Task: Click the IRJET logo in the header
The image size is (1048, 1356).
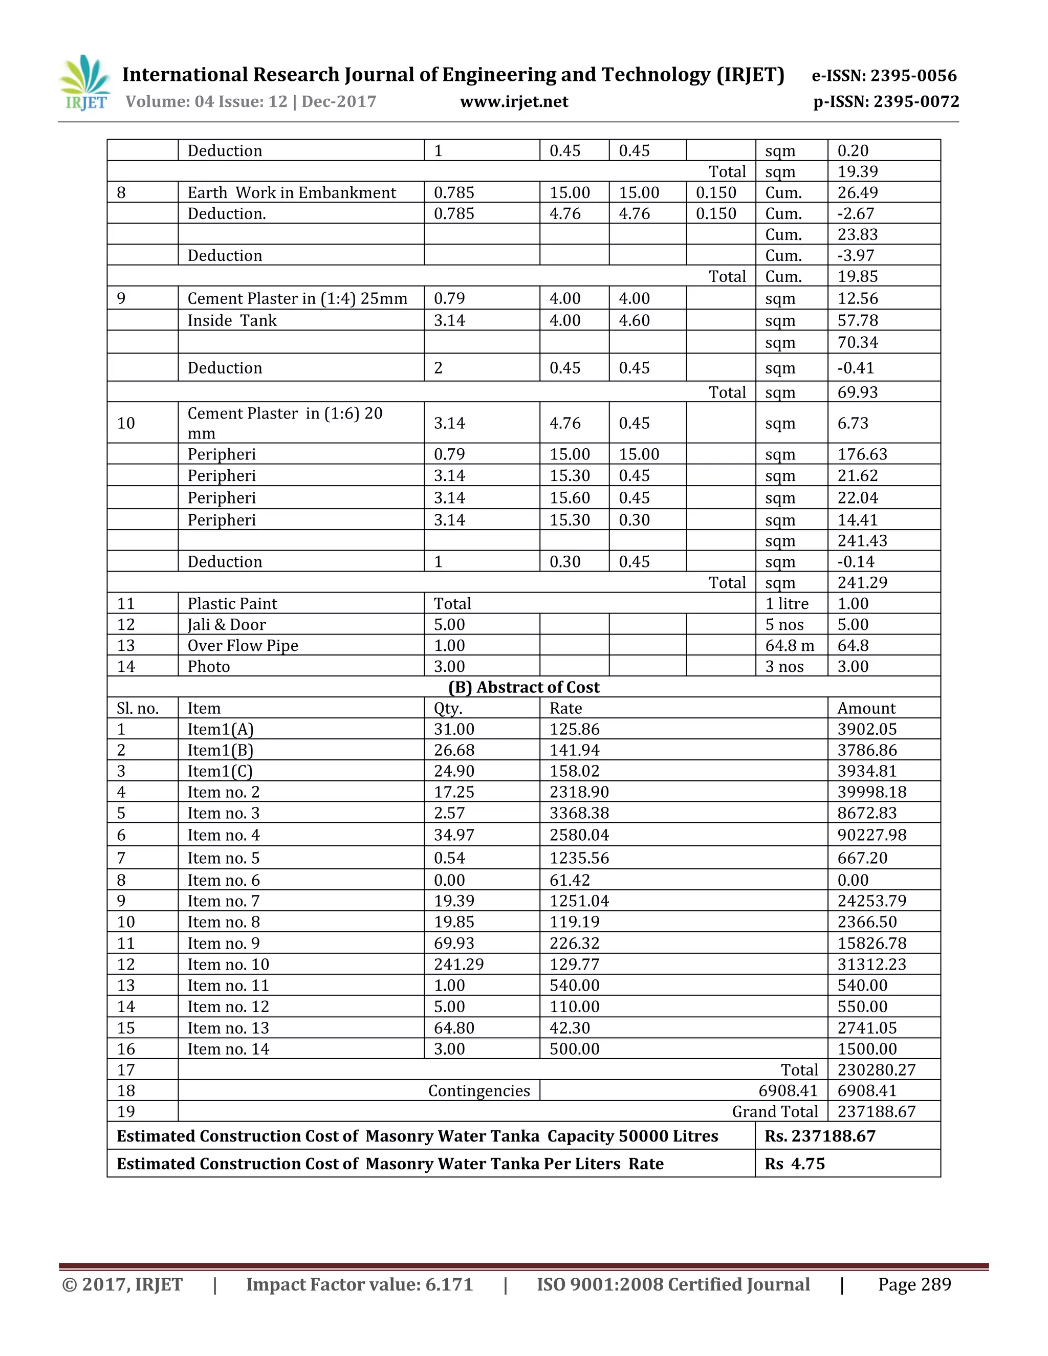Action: (85, 82)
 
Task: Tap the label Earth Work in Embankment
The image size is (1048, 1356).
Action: (291, 192)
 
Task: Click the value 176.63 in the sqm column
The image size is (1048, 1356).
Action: (862, 454)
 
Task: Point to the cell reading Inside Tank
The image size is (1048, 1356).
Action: (232, 320)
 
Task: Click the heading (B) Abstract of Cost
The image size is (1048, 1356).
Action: (523, 687)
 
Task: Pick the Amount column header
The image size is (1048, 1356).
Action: (866, 708)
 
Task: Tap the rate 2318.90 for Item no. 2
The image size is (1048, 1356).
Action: (579, 792)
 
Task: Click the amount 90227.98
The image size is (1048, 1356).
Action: (871, 835)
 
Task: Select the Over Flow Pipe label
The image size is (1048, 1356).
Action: (243, 645)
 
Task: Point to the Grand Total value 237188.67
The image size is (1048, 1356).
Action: (876, 1111)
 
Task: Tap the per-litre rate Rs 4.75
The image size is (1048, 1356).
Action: (794, 1164)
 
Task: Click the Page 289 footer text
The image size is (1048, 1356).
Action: (914, 1284)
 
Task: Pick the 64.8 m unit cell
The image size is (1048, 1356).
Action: (789, 645)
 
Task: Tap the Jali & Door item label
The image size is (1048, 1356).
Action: (227, 625)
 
